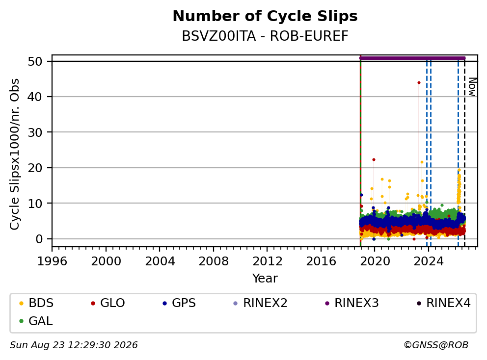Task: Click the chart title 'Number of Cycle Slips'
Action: [x=265, y=16]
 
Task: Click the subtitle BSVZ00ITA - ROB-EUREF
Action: [x=265, y=36]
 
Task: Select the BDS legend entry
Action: [x=36, y=303]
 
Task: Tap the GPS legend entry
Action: [x=179, y=303]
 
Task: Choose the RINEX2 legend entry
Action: [x=260, y=303]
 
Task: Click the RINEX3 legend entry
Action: [x=352, y=303]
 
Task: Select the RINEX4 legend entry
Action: [x=443, y=303]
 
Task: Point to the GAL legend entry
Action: [x=36, y=321]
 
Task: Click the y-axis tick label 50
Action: [x=35, y=61]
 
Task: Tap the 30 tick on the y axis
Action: [x=35, y=132]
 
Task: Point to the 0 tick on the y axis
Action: [x=39, y=239]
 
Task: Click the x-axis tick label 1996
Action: [x=52, y=261]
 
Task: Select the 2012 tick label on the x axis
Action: [x=268, y=261]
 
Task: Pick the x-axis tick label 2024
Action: [x=429, y=261]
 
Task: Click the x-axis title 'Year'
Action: [x=265, y=279]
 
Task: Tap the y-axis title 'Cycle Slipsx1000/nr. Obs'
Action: [x=15, y=154]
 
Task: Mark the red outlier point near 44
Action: [x=419, y=82]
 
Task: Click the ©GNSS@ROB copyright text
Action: [x=436, y=345]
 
